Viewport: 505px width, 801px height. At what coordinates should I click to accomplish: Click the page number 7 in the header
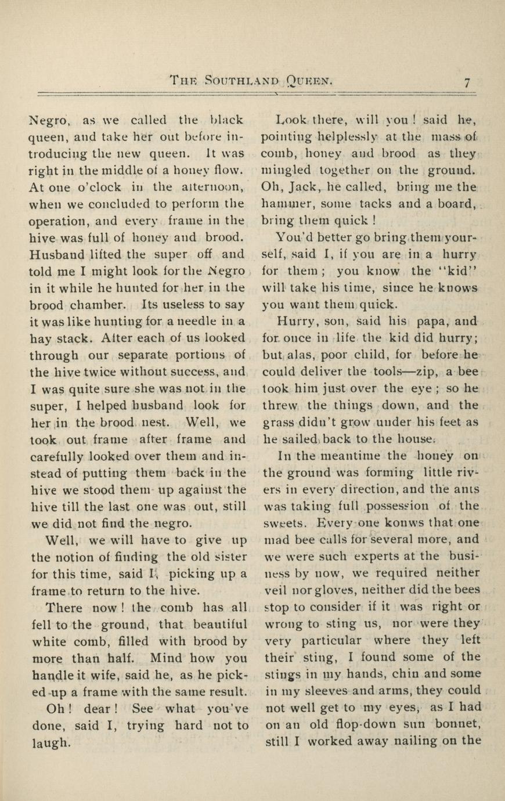click(467, 82)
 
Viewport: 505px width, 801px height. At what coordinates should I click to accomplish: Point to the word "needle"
click(196, 321)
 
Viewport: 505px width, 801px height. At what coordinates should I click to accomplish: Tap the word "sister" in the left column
click(230, 557)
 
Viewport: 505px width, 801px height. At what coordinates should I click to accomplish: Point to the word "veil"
click(275, 590)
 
